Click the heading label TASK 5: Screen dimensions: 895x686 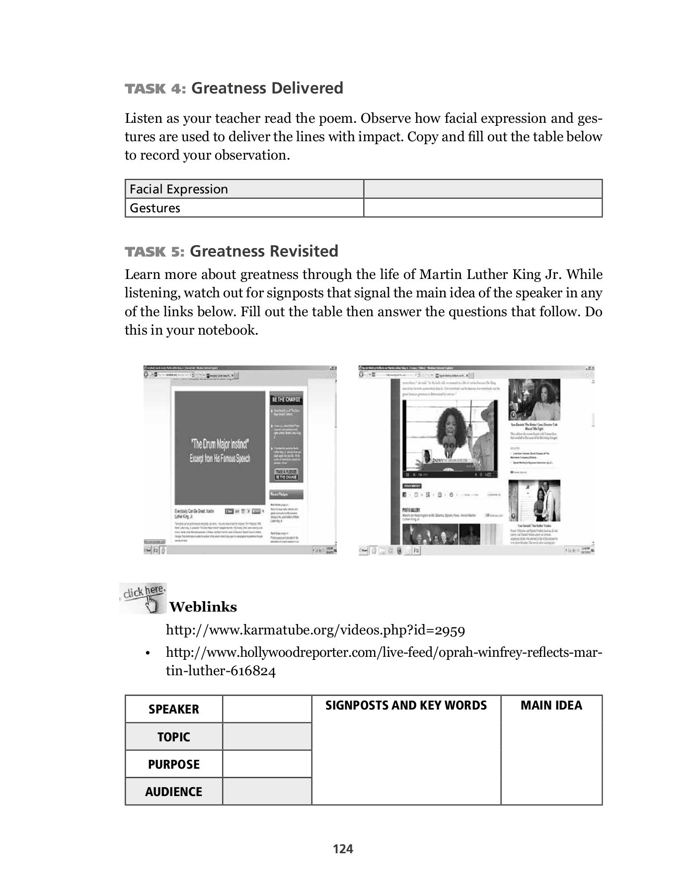(x=154, y=252)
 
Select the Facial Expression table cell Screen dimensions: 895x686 (x=244, y=189)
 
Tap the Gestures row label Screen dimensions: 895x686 (x=244, y=208)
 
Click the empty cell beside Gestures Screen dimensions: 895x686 (x=482, y=208)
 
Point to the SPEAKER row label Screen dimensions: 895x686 (x=173, y=710)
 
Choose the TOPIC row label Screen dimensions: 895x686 (x=173, y=737)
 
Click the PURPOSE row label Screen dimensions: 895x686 (x=173, y=764)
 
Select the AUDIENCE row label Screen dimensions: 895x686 (x=173, y=792)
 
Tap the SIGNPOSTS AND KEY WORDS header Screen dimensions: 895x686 (x=406, y=706)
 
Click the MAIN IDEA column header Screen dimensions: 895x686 (x=551, y=706)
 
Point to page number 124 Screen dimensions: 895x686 (x=343, y=849)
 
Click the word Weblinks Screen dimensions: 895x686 (x=203, y=607)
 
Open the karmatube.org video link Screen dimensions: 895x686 (x=315, y=630)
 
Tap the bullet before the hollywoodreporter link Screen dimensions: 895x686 (x=148, y=653)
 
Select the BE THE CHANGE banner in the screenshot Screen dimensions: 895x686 (x=286, y=399)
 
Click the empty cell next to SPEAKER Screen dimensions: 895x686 (x=267, y=710)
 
